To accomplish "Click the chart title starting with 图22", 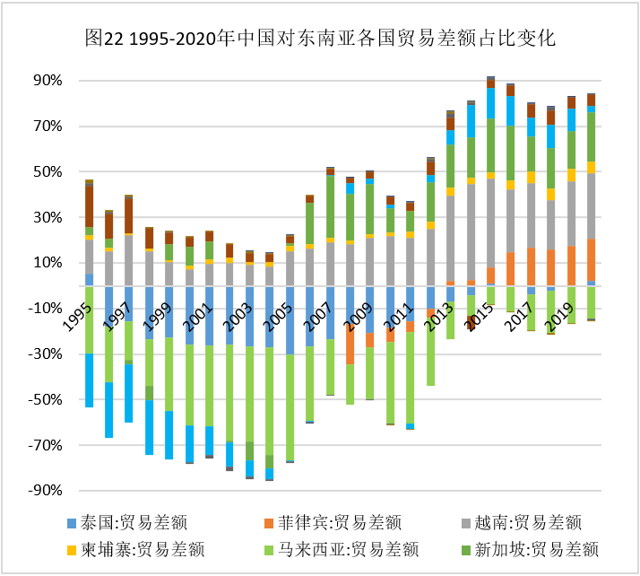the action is coord(320,38).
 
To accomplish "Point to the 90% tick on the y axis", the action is coord(48,81).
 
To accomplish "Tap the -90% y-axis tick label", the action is coord(45,490).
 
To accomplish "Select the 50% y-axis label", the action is coord(48,171).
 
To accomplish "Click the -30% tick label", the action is coord(45,353).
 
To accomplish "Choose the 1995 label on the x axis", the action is coord(77,317).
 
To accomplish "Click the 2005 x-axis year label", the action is coord(278,317).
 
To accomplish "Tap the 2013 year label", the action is coord(439,317).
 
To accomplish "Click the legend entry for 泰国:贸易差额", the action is coord(127,523).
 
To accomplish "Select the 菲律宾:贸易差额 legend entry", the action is coord(333,523).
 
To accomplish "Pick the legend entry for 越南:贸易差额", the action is coord(521,523).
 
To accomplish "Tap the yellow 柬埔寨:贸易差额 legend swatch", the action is coord(72,550).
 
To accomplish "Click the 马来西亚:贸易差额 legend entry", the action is coord(342,550).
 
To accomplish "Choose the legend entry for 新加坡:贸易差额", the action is coord(530,550).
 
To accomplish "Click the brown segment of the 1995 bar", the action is coord(89,206).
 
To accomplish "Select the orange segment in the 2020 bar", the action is coord(591,260).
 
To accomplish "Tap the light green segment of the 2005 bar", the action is coord(270,401).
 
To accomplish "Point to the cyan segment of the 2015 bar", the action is coord(490,103).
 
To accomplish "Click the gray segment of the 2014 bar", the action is coord(471,232).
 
